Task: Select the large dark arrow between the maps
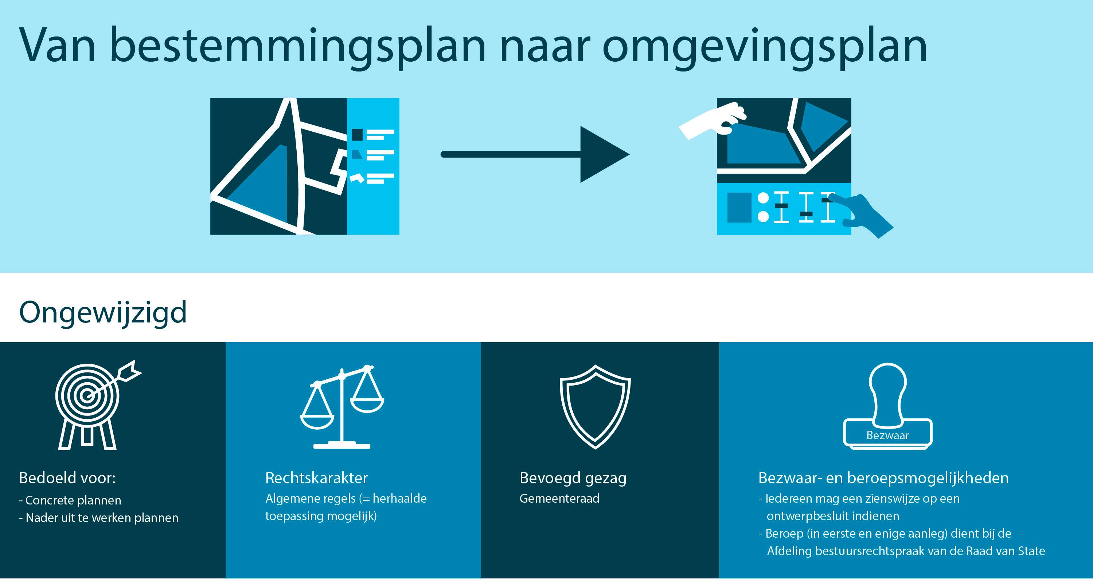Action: tap(535, 154)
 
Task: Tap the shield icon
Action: tap(595, 406)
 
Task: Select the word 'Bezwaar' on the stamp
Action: tap(887, 435)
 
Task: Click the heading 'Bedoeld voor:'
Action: tap(67, 478)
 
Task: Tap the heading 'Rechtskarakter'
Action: tap(316, 478)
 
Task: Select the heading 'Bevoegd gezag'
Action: tap(573, 478)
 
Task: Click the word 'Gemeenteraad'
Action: tap(559, 499)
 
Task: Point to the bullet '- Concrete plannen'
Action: tap(70, 500)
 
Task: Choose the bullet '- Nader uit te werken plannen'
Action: tap(98, 518)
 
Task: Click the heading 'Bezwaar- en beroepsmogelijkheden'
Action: tap(883, 478)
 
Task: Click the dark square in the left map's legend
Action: tap(357, 135)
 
